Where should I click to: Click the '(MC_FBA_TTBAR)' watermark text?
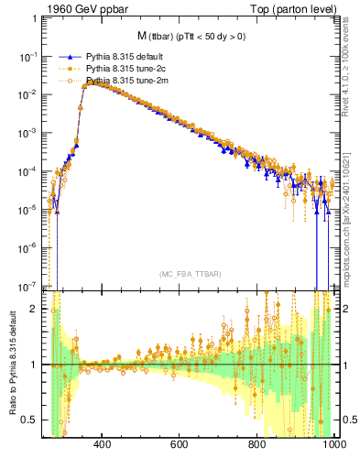click(x=190, y=274)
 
